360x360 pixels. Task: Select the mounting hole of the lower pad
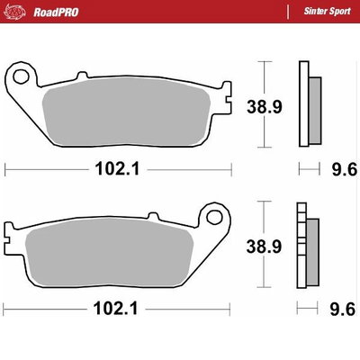click(215, 215)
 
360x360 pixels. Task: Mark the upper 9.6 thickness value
click(345, 168)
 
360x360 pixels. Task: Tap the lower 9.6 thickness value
click(345, 308)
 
